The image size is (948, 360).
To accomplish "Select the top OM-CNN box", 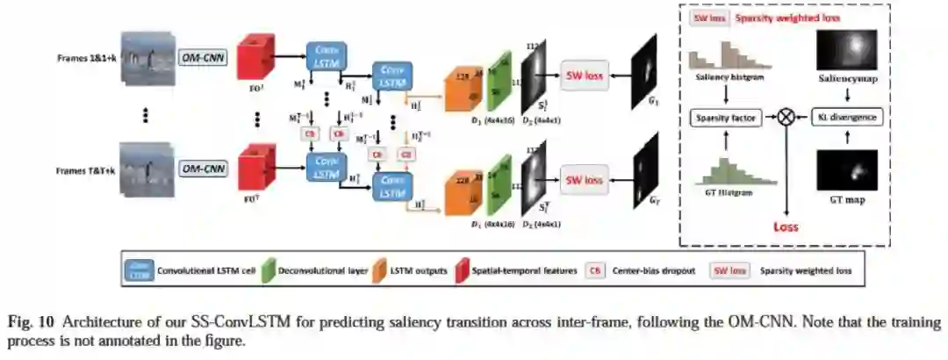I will pos(203,58).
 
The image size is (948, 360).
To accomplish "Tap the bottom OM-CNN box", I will pos(203,167).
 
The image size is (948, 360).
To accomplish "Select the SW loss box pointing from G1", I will pos(584,75).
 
